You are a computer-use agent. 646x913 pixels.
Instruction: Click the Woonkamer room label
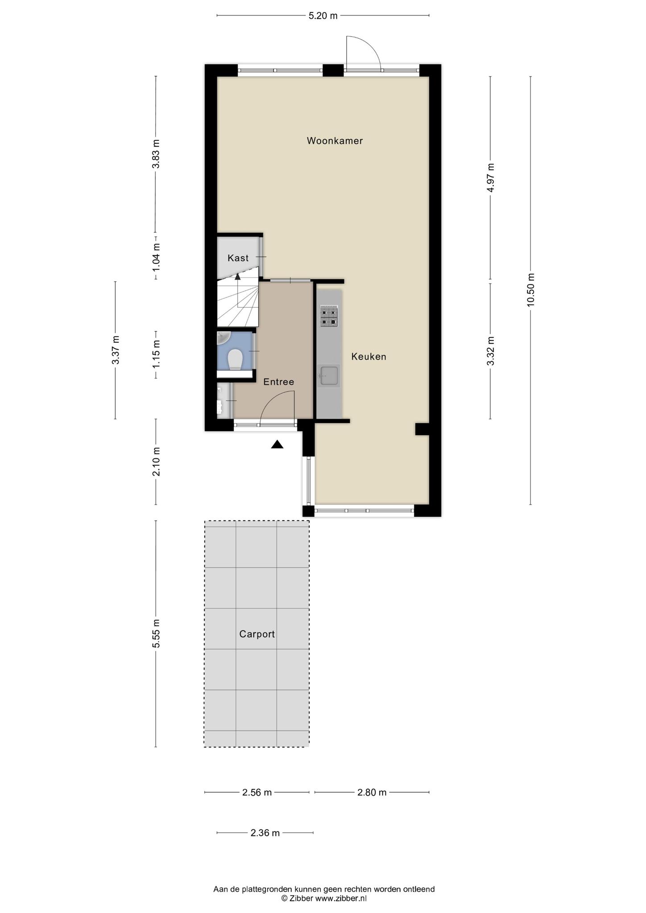(335, 141)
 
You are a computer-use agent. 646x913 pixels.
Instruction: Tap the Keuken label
(369, 357)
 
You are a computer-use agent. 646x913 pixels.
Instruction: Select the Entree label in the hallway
(278, 382)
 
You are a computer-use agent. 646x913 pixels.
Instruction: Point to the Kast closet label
(238, 258)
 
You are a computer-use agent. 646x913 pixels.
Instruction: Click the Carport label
(257, 634)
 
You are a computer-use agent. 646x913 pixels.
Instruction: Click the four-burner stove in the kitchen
(329, 316)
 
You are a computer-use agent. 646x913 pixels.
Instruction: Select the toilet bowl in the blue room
(235, 359)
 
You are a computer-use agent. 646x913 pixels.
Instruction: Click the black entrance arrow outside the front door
(277, 444)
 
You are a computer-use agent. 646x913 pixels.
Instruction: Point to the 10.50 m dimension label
(530, 290)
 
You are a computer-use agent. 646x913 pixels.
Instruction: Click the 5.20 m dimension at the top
(323, 16)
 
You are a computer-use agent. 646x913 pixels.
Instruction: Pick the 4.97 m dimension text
(490, 177)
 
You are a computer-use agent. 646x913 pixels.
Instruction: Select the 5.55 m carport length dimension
(156, 633)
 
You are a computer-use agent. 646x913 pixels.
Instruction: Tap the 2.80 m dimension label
(372, 792)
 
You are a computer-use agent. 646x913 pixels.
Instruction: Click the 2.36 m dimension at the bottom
(265, 833)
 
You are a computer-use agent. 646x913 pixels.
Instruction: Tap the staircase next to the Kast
(238, 303)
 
